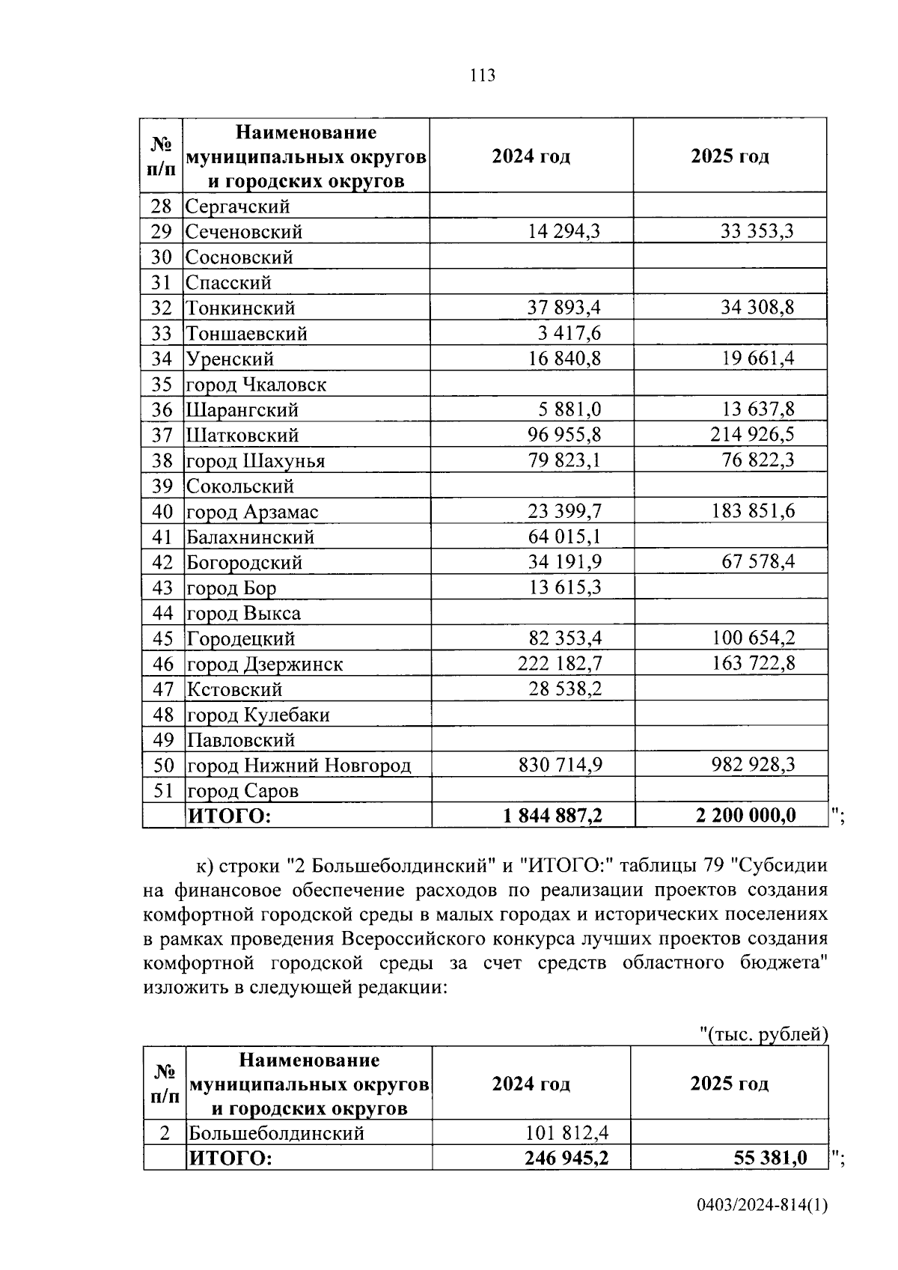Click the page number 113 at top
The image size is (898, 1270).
click(x=483, y=76)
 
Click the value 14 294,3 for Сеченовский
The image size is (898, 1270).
click(x=563, y=231)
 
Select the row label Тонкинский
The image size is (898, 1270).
click(x=240, y=308)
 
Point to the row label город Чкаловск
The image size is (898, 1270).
click(x=256, y=385)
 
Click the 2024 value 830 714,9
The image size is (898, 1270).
click(x=560, y=764)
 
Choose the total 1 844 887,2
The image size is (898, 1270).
click(x=553, y=816)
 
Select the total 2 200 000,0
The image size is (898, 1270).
click(x=745, y=816)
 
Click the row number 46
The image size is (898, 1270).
click(x=162, y=664)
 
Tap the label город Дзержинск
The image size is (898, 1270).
click(x=264, y=665)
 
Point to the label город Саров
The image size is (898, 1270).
click(x=242, y=791)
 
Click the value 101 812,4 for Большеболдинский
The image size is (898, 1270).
click(x=567, y=1132)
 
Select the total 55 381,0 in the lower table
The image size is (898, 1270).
click(x=770, y=1158)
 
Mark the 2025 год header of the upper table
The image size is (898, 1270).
click(x=730, y=156)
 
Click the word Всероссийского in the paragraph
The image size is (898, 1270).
click(x=412, y=938)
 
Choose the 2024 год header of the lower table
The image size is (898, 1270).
click(x=531, y=1084)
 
